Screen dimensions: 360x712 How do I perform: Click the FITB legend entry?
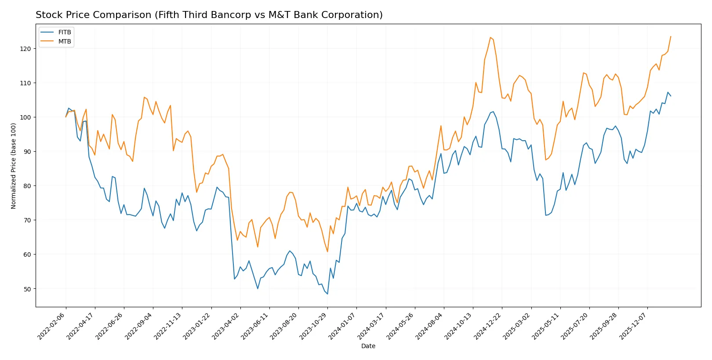coord(64,33)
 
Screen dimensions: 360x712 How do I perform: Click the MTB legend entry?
coord(64,42)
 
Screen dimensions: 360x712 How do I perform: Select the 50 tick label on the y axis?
coord(27,289)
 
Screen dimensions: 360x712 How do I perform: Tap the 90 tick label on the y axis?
coord(27,152)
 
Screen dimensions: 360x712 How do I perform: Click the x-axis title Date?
coord(368,346)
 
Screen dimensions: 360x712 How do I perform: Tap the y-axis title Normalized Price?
coord(14,166)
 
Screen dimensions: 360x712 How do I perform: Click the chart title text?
coord(209,15)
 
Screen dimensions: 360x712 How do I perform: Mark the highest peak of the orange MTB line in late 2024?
coord(490,37)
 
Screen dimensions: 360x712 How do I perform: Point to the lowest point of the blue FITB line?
coord(327,294)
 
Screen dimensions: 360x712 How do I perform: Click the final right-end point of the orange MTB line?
coord(671,36)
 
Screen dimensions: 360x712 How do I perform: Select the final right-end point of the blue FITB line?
coord(671,96)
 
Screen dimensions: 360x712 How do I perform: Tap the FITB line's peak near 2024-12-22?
coord(493,112)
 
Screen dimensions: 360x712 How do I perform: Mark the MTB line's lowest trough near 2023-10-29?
coord(327,251)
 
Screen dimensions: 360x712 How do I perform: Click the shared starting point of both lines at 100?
coord(66,117)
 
